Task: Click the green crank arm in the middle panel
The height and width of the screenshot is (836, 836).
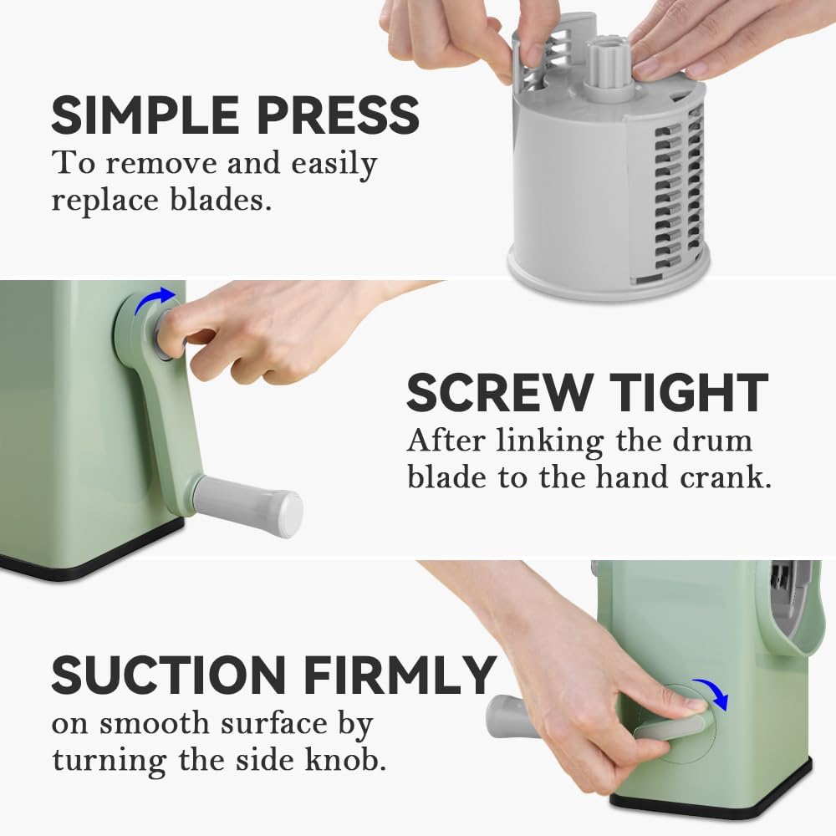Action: tap(163, 418)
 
